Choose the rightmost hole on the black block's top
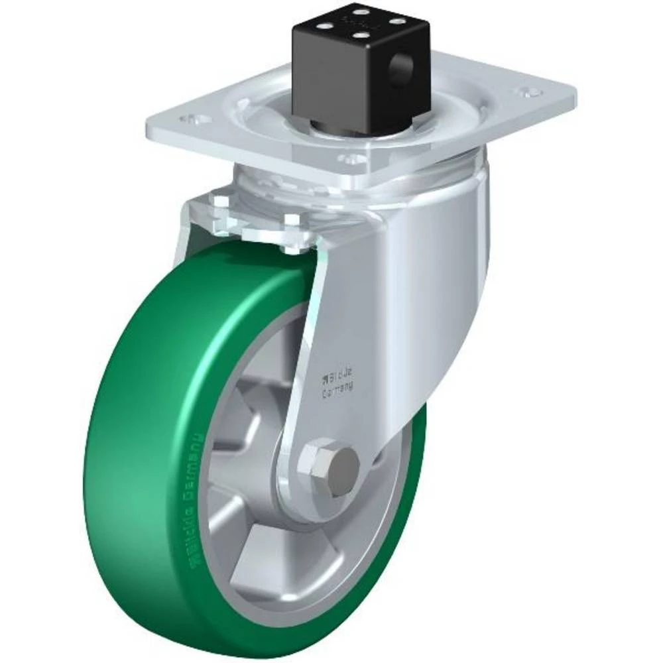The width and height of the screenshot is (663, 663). click(x=396, y=20)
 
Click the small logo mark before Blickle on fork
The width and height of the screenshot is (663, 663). click(x=324, y=379)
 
